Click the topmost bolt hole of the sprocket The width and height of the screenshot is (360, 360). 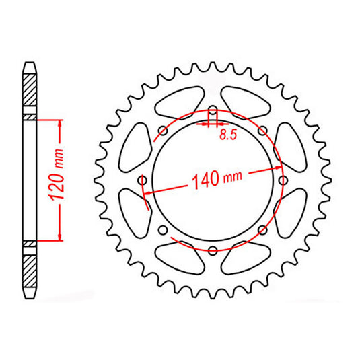coord(213,112)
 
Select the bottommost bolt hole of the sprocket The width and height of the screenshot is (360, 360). coord(213,251)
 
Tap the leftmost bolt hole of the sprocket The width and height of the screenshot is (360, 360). coord(143,180)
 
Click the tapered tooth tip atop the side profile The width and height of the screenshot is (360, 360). coord(30,67)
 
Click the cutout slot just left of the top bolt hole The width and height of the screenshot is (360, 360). coord(176,102)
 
